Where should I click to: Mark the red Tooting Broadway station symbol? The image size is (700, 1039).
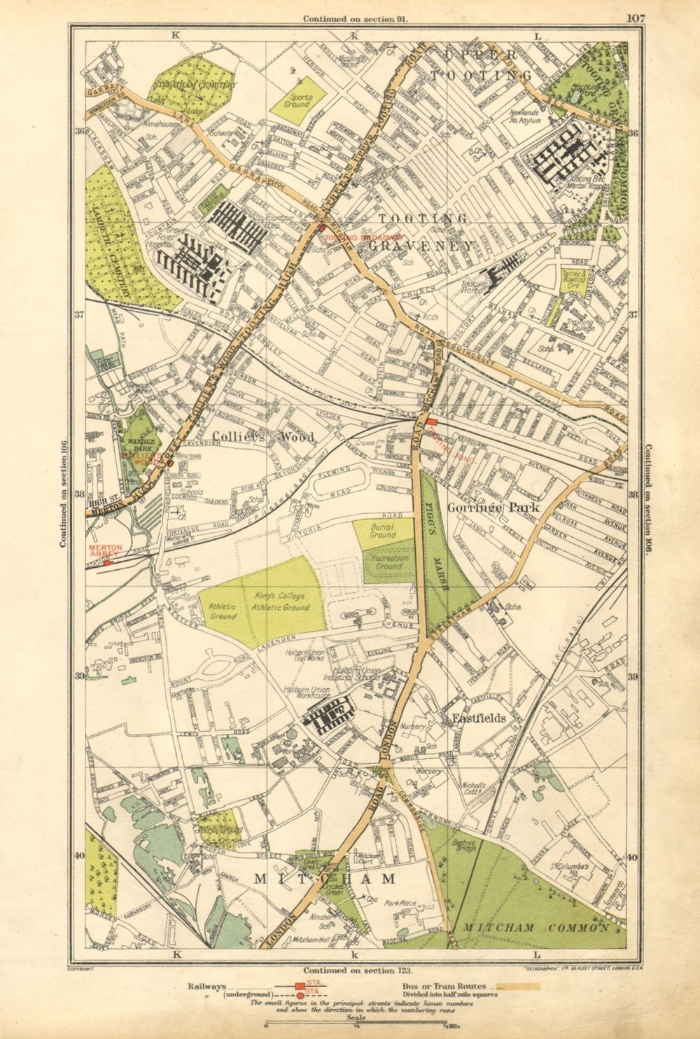coord(321,228)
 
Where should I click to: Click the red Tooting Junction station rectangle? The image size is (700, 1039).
coord(431,421)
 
